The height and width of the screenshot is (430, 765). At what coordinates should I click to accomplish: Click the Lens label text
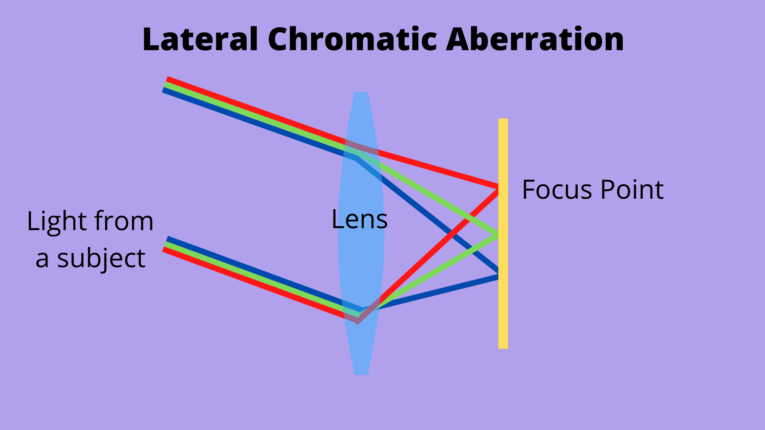359,219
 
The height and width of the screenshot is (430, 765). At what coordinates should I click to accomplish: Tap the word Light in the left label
57,221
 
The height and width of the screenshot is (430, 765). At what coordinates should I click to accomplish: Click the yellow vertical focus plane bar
503,311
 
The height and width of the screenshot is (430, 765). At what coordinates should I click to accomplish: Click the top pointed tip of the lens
361,93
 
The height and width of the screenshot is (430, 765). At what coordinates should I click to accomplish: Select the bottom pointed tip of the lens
361,373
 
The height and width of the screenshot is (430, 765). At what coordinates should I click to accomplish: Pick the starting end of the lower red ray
164,250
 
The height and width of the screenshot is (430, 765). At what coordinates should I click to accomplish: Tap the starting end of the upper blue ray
163,90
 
